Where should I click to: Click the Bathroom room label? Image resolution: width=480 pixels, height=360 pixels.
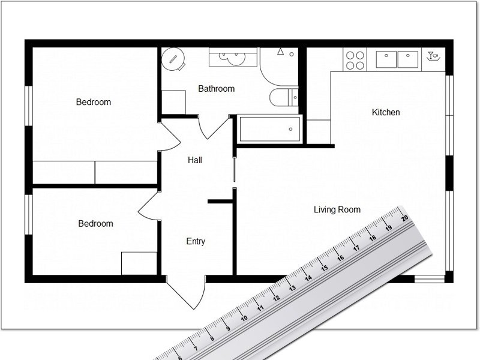[216, 89]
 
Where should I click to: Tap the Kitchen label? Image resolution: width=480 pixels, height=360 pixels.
[386, 112]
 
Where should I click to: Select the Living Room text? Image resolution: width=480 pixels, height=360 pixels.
[337, 209]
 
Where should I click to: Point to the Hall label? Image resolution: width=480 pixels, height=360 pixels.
[195, 160]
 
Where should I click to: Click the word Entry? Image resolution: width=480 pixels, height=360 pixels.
[196, 241]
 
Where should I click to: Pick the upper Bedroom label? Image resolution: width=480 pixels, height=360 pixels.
[94, 102]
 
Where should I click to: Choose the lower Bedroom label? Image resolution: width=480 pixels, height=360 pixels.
[95, 224]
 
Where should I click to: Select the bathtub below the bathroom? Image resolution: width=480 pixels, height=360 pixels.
[269, 128]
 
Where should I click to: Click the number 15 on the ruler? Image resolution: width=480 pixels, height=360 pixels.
[324, 268]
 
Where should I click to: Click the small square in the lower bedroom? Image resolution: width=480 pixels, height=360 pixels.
[139, 263]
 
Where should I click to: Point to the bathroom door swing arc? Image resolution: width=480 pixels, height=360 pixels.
[215, 129]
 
